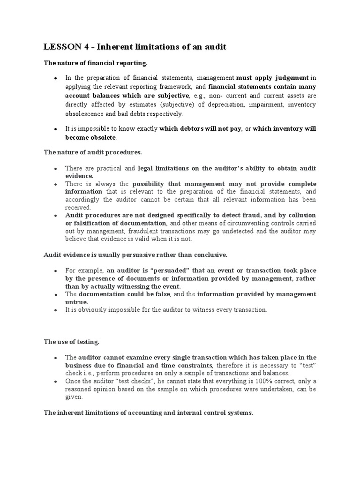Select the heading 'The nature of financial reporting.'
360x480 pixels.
(96, 63)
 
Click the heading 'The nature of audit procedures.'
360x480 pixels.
(92, 152)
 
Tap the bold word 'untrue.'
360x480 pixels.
(76, 302)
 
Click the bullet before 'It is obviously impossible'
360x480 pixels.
(55, 310)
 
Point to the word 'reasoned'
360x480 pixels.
(80, 389)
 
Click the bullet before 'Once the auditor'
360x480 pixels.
(55, 382)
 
